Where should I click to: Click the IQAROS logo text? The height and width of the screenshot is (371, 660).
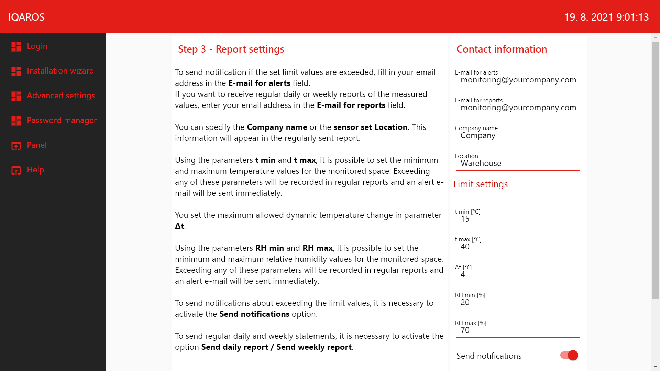tap(26, 17)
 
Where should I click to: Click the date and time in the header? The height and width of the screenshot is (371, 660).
tap(606, 17)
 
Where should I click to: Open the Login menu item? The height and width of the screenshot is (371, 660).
tap(37, 46)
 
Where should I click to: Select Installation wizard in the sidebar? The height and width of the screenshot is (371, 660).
tap(60, 71)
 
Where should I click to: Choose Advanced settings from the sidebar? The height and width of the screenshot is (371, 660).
tap(61, 95)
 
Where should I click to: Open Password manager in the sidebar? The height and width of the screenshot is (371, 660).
tap(62, 120)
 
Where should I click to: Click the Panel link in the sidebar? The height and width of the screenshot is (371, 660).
tap(37, 145)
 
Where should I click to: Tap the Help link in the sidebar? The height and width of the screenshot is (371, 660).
tap(35, 170)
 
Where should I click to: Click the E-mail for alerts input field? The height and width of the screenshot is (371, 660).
tap(518, 80)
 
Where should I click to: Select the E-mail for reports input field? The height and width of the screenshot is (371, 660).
tap(518, 108)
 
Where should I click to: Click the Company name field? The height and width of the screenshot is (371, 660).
tap(518, 136)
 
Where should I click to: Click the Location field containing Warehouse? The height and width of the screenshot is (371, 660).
tap(518, 164)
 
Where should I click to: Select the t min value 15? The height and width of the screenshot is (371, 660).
tap(518, 219)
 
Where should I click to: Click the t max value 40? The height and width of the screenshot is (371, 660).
tap(518, 247)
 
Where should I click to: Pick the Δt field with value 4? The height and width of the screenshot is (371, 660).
tap(518, 275)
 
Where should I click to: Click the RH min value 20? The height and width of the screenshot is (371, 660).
tap(518, 303)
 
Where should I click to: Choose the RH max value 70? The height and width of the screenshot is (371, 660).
tap(518, 330)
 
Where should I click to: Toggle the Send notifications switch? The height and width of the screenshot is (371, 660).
tap(569, 355)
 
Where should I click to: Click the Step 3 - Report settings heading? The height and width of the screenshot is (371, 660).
tap(231, 49)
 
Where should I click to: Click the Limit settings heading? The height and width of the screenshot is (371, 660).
tap(481, 184)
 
